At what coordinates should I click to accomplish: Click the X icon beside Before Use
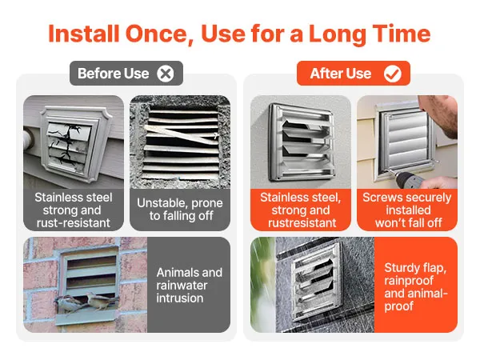click(x=166, y=74)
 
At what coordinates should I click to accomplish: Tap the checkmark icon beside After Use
click(x=393, y=74)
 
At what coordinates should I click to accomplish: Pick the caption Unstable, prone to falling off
click(x=180, y=210)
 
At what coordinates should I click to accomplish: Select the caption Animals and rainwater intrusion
click(x=189, y=285)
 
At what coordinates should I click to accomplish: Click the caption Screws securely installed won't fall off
click(x=407, y=210)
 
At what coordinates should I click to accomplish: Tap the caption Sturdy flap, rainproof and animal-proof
click(x=416, y=287)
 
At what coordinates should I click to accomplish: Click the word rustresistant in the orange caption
click(x=302, y=223)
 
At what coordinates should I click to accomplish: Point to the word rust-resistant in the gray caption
click(x=73, y=223)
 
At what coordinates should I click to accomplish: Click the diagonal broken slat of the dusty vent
click(x=182, y=134)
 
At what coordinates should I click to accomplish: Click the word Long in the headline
click(x=338, y=34)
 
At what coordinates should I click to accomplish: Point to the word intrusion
click(x=180, y=298)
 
